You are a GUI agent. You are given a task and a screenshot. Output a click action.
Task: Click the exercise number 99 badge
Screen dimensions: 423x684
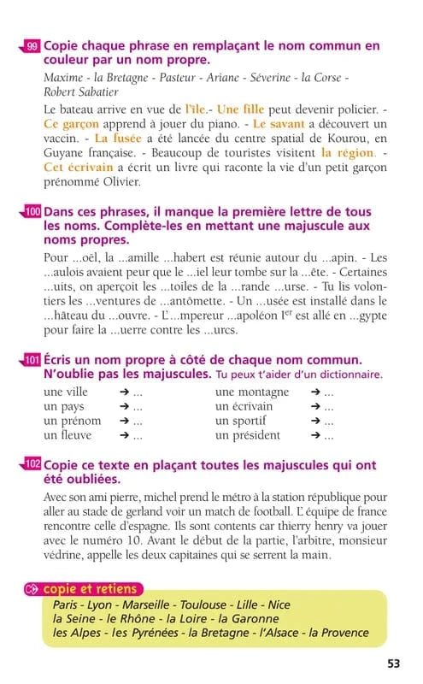32,46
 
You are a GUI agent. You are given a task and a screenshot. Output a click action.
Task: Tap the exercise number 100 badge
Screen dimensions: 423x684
32,211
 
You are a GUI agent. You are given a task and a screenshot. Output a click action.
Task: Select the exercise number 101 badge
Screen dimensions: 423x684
32,360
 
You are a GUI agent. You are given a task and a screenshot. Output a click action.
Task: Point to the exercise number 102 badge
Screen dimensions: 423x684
32,463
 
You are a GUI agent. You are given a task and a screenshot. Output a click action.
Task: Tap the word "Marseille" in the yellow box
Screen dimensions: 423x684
151,604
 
